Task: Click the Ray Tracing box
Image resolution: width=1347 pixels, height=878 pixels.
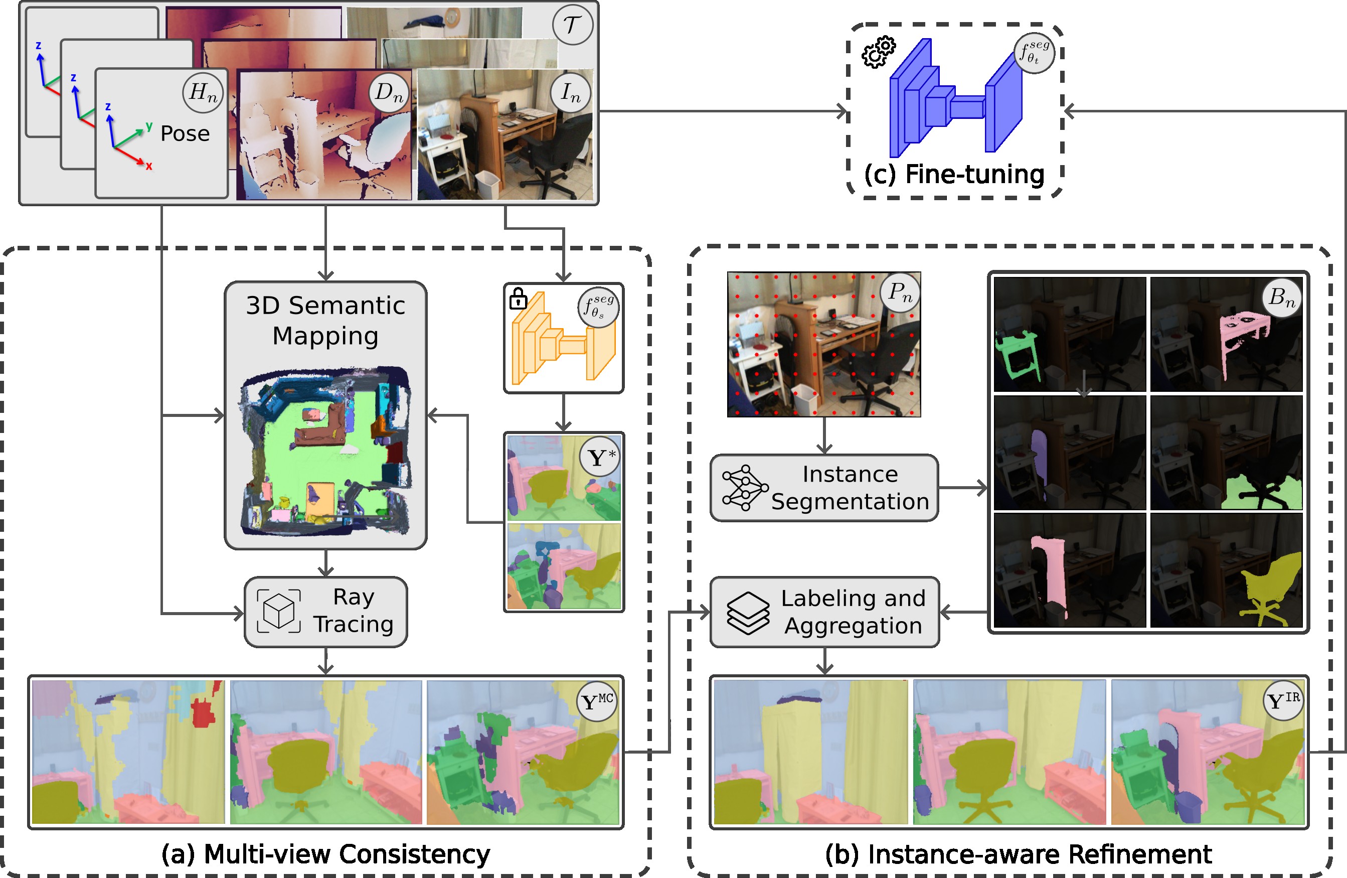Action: [x=325, y=612]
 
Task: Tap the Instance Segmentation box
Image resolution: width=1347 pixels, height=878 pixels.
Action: [x=824, y=487]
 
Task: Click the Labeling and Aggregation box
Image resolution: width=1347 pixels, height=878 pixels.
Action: [x=824, y=612]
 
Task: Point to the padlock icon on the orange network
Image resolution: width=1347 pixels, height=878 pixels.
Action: [x=518, y=299]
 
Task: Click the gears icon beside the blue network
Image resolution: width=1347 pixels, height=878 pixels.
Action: [x=878, y=52]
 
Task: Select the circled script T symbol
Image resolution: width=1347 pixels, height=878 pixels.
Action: [x=572, y=25]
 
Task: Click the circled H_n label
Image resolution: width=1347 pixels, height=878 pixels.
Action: [x=203, y=92]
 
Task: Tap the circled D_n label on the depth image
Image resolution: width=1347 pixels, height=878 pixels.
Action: [x=389, y=92]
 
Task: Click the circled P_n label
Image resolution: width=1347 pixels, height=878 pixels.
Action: [x=900, y=292]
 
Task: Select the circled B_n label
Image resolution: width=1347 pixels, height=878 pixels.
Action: [x=1282, y=297]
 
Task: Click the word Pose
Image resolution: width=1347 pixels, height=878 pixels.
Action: [x=185, y=133]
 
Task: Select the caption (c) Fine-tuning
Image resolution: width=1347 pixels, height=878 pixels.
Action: [x=954, y=175]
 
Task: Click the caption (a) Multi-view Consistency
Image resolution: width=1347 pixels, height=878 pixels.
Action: [x=325, y=854]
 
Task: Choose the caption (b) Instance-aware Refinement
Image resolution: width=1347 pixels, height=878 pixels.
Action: [x=1018, y=854]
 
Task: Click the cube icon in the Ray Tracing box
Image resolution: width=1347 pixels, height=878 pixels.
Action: [x=279, y=611]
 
